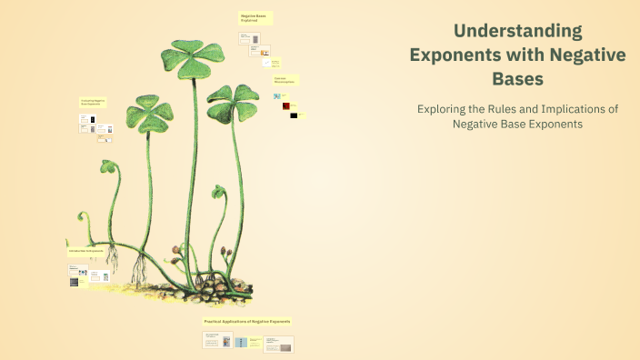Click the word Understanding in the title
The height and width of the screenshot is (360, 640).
[517, 31]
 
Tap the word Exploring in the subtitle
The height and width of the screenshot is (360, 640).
[444, 108]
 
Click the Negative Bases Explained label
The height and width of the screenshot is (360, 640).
[255, 17]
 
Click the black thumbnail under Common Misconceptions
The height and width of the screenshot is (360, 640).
[294, 115]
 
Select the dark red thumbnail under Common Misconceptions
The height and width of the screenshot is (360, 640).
[282, 108]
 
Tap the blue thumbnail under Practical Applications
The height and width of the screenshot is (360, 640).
[241, 343]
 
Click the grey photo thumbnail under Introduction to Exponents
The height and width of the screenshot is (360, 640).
[75, 282]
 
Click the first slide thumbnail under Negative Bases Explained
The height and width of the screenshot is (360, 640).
[245, 38]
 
